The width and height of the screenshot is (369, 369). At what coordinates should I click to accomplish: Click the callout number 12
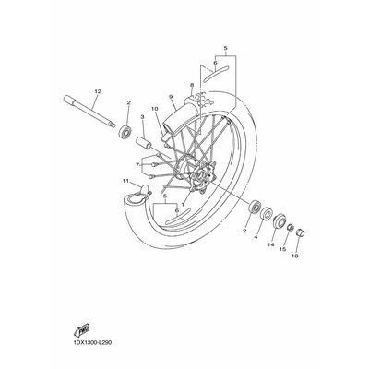click(x=97, y=89)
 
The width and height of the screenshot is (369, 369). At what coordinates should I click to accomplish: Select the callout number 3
click(x=143, y=119)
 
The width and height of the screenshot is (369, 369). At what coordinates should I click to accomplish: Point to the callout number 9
click(x=172, y=97)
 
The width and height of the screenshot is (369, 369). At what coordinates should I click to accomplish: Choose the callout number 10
click(x=155, y=109)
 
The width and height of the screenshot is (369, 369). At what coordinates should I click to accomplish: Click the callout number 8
click(x=192, y=86)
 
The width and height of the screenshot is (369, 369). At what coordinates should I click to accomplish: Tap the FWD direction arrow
click(x=83, y=330)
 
